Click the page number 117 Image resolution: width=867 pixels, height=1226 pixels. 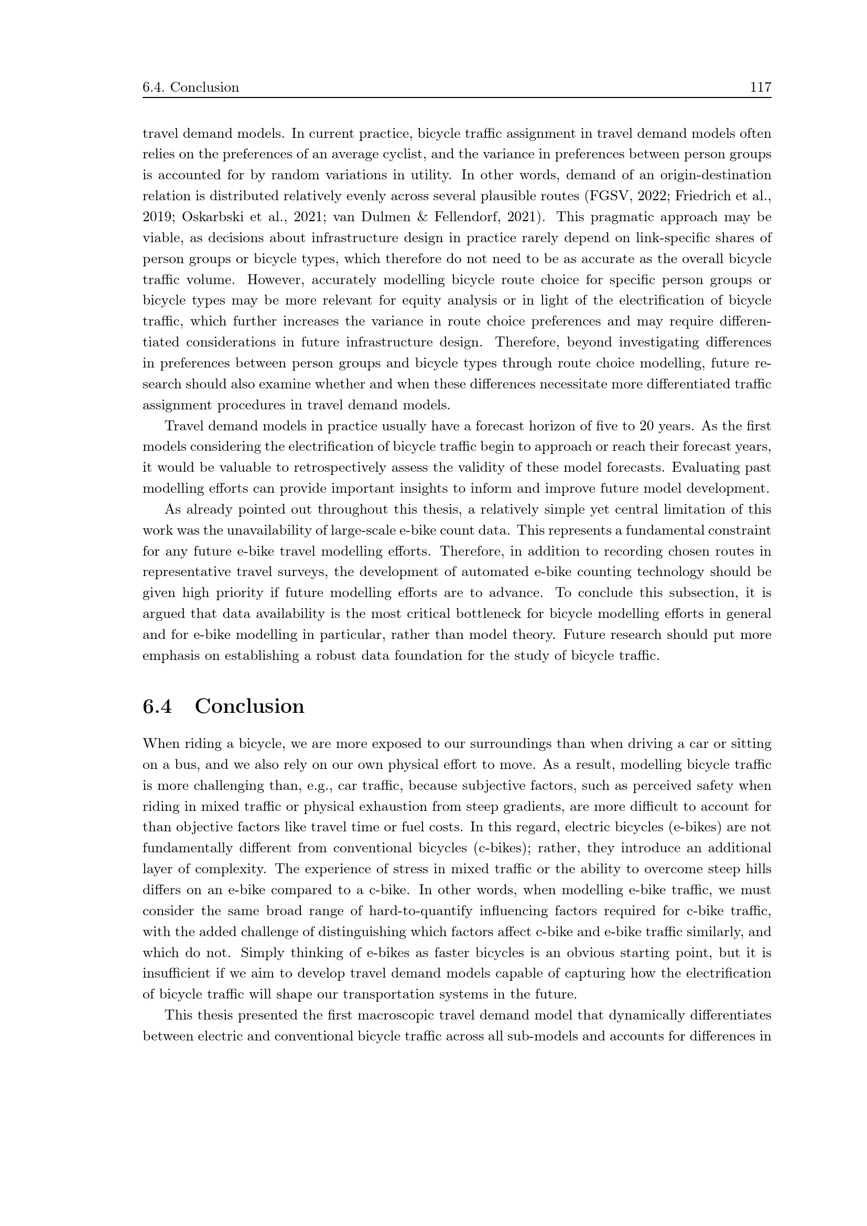pos(760,87)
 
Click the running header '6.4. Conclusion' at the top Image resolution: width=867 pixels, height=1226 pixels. pos(191,87)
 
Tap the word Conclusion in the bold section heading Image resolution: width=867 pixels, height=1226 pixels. pos(250,706)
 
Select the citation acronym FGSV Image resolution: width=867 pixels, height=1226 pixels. pos(606,196)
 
